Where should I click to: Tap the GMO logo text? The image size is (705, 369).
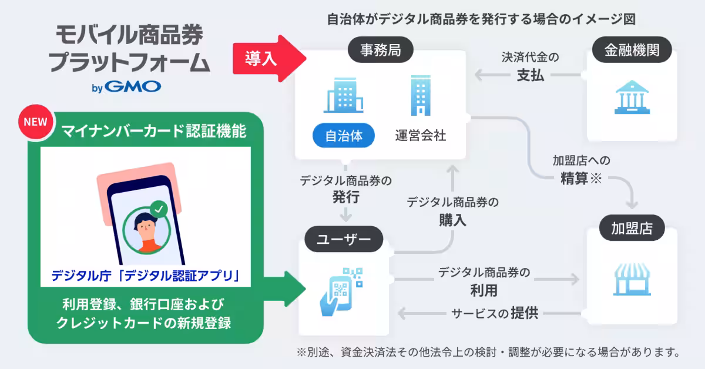[135, 88]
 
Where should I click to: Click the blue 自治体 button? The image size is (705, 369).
[343, 136]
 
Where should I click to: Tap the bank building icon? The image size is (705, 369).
[632, 98]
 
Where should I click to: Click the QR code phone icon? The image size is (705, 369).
[341, 291]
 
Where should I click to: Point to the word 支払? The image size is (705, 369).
[531, 75]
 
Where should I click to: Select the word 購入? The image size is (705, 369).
[452, 220]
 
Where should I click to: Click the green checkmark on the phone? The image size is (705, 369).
[158, 209]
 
